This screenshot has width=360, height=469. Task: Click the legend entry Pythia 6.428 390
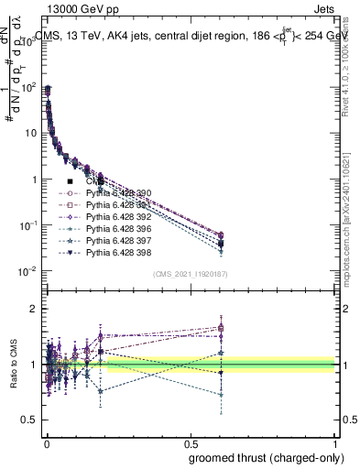coord(118,194)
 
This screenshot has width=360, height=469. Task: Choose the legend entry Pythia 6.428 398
coord(118,252)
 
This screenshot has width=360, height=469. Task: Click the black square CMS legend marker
coord(70,182)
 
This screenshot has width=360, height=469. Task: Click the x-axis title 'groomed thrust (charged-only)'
coord(266,457)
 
